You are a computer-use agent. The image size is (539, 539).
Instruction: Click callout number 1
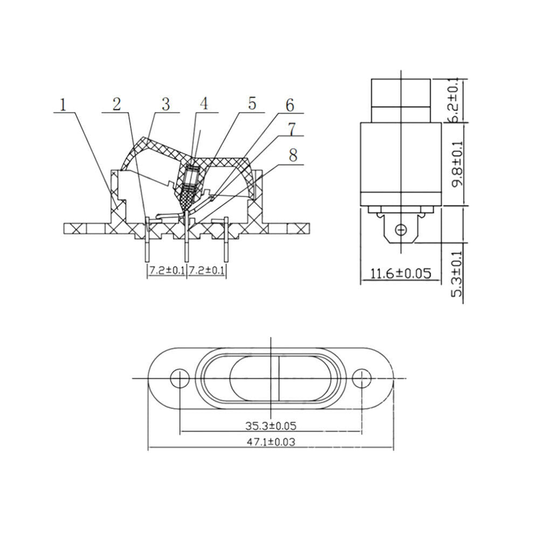[x=63, y=105]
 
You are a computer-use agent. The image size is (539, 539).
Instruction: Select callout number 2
[x=117, y=104]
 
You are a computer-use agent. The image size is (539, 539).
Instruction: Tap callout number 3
[x=166, y=104]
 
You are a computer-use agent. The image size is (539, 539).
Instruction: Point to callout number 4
[x=204, y=104]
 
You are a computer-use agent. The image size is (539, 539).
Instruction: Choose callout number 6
[x=290, y=105]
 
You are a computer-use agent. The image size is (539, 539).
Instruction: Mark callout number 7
[x=292, y=130]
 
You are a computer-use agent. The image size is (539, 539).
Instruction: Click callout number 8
[x=293, y=155]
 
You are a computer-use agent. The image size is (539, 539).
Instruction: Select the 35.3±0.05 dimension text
[x=271, y=426]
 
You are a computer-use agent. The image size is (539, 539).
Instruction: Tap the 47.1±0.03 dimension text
[x=271, y=442]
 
